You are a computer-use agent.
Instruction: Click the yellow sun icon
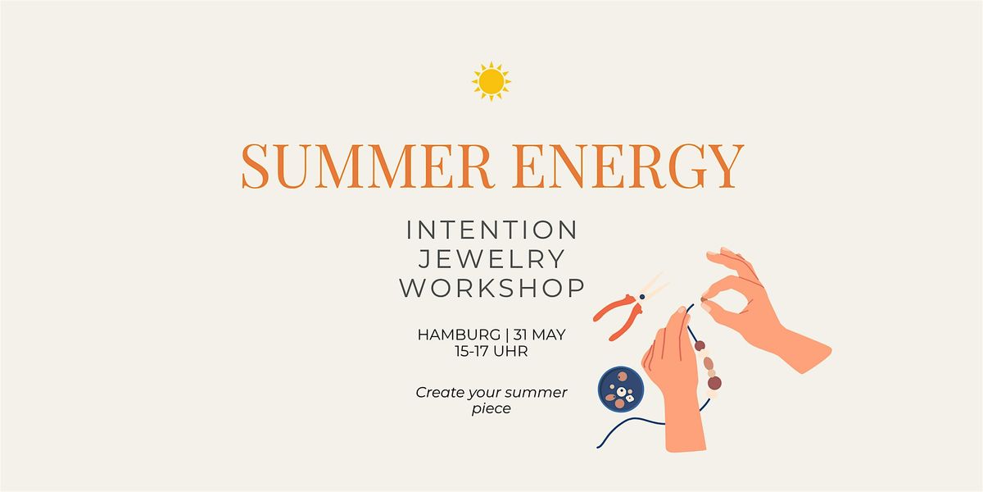(491, 81)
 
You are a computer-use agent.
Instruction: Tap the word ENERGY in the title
(628, 166)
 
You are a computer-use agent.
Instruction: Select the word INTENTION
(491, 230)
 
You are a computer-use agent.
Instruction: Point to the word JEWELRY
(491, 259)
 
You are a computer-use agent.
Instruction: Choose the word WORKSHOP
(491, 288)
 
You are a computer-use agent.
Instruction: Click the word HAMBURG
(459, 335)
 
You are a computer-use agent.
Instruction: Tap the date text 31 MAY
(539, 335)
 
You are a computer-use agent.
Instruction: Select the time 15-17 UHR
(491, 352)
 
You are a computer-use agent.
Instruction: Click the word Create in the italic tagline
(440, 392)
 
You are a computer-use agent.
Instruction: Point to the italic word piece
(491, 409)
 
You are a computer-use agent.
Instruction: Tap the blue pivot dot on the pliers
(642, 298)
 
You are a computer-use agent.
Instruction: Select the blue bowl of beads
(621, 389)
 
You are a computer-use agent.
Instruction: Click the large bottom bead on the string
(714, 383)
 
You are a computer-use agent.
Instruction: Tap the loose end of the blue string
(598, 447)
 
